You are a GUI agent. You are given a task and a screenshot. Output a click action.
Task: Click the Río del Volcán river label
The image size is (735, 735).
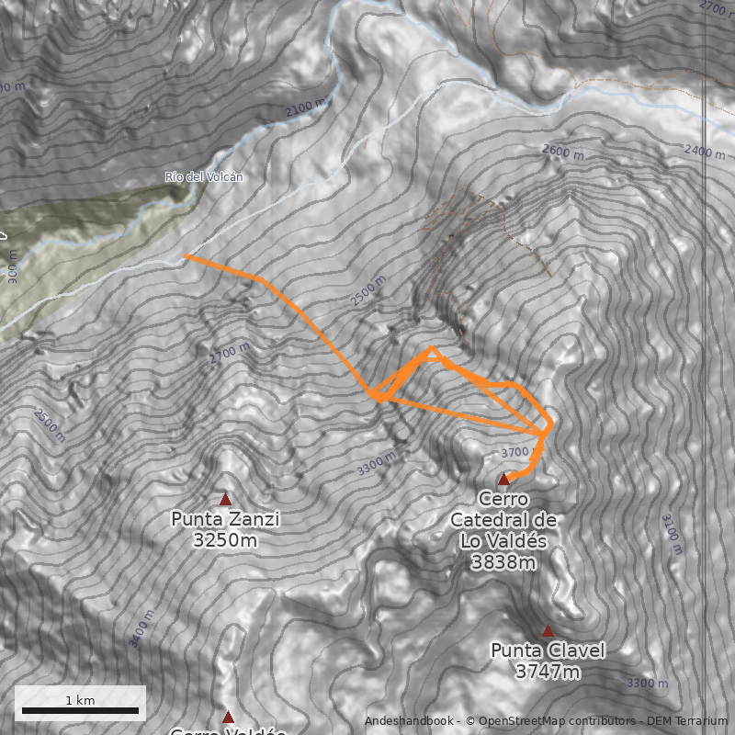click(204, 176)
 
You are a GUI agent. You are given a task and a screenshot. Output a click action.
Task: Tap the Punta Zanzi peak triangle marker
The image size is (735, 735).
click(225, 499)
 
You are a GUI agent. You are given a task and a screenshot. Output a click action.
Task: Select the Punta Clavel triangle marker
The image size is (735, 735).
click(548, 631)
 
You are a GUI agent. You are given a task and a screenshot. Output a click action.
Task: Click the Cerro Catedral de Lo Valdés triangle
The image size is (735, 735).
click(503, 479)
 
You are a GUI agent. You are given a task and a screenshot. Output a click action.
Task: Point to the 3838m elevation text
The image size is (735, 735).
click(503, 562)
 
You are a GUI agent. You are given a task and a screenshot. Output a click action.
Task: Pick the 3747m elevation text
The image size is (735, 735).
click(548, 673)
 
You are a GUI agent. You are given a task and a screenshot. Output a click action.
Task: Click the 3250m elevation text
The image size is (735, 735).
click(225, 541)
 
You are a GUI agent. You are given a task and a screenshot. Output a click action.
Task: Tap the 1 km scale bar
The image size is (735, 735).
click(80, 710)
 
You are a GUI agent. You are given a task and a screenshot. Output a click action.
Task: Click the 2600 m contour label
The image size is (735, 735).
click(563, 152)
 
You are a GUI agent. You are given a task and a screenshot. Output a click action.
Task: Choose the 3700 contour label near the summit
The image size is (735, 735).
click(515, 452)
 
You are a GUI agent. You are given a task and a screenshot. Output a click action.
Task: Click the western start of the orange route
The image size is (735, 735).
click(186, 257)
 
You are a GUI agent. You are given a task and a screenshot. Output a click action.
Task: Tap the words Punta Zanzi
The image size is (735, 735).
click(225, 519)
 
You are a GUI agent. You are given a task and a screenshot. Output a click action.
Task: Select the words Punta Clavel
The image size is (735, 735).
click(548, 650)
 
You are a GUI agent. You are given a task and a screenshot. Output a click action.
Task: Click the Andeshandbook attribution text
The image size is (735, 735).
click(412, 721)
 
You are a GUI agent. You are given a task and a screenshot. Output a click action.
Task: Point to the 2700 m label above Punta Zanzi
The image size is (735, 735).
click(229, 354)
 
